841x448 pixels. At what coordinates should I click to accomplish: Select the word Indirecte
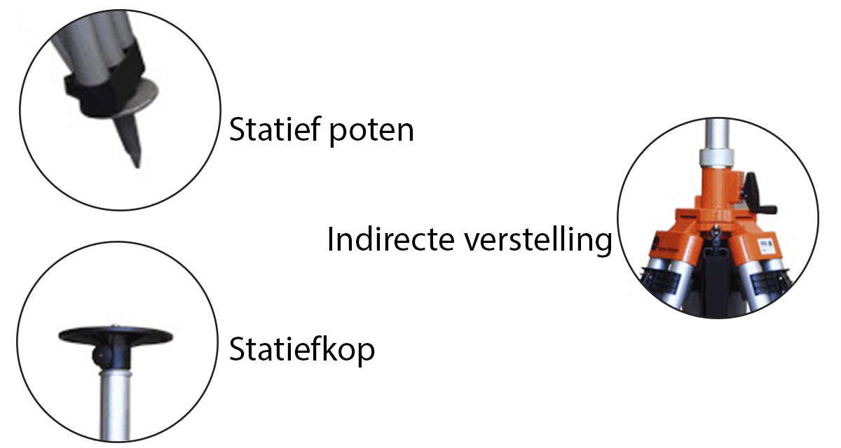pos(389,241)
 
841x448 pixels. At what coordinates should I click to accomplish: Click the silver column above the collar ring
pos(716,133)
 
